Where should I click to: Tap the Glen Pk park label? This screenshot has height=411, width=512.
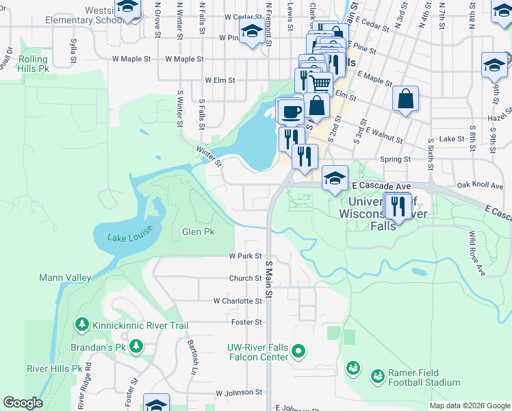tap(198, 232)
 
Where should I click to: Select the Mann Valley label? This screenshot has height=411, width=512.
tap(65, 277)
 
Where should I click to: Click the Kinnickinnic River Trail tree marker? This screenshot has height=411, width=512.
tap(81, 323)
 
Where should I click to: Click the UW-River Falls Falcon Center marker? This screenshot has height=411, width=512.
tap(298, 352)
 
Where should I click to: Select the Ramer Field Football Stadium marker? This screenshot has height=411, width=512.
tap(377, 376)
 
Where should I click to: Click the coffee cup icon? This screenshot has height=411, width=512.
tap(290, 111)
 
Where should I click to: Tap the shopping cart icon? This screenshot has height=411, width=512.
tap(322, 84)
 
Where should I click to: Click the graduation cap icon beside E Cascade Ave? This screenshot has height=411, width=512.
tap(335, 178)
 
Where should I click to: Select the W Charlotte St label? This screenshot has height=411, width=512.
tap(238, 301)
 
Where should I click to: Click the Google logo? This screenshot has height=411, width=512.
tap(23, 403)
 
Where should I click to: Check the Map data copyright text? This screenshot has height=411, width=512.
tap(468, 406)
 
